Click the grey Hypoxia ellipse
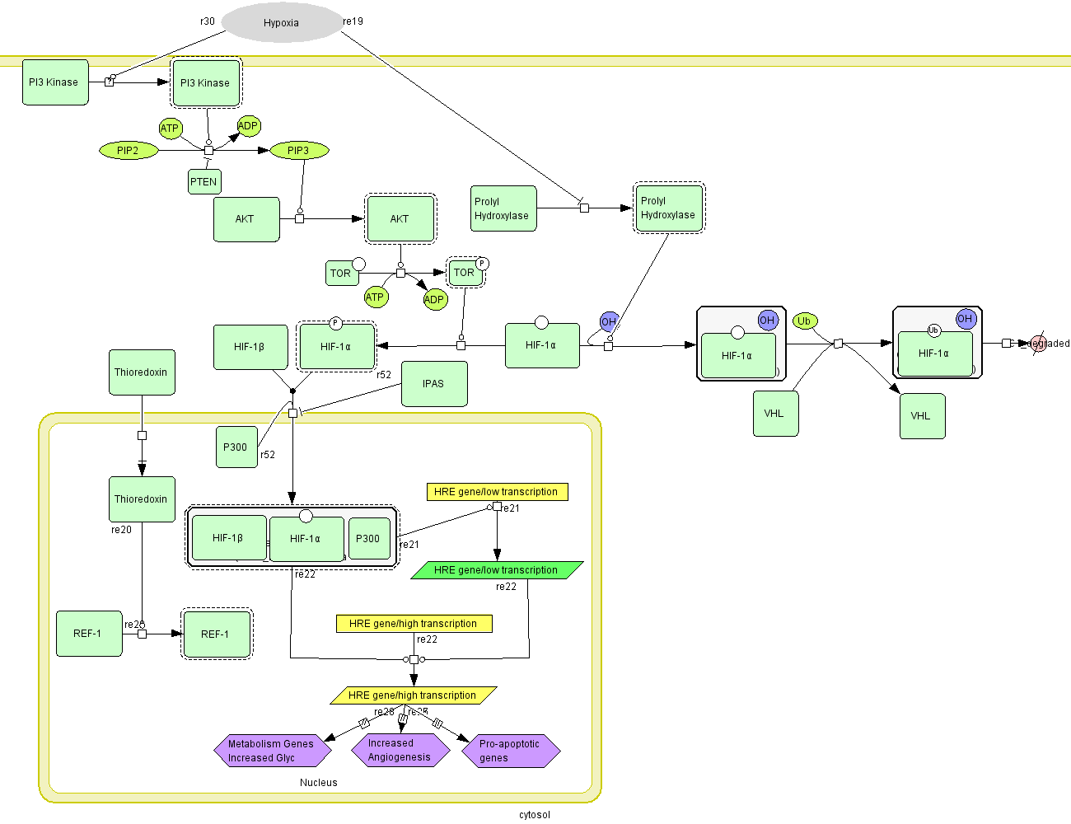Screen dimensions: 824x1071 click(282, 23)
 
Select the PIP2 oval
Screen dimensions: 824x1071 click(129, 151)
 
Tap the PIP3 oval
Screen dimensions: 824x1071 click(298, 151)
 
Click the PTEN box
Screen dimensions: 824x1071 click(204, 182)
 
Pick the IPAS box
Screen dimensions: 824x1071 click(434, 384)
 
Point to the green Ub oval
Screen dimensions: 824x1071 click(804, 321)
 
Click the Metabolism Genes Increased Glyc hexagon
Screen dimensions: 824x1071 click(272, 751)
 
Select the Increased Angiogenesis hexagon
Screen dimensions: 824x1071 click(400, 750)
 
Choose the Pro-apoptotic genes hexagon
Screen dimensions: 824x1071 click(511, 751)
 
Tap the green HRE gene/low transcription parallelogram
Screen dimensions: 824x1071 click(497, 570)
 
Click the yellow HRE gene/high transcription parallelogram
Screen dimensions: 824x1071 click(413, 695)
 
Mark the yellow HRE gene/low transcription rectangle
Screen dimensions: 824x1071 click(497, 492)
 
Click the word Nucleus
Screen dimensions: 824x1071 click(319, 783)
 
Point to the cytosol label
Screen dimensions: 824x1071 click(535, 815)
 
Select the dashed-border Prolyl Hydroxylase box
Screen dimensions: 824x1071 click(669, 208)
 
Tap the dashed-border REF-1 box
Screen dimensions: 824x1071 click(217, 634)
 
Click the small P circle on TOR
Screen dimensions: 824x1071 click(483, 264)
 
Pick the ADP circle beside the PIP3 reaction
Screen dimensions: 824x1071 click(248, 126)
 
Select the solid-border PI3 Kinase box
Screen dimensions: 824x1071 click(54, 82)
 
